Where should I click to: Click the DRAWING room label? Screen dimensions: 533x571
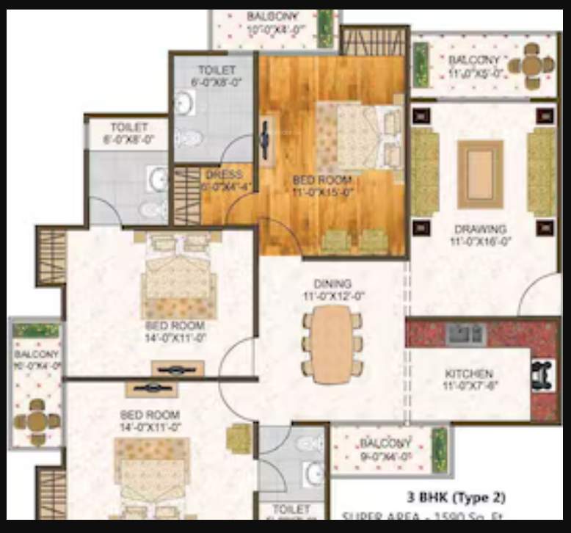[x=480, y=228]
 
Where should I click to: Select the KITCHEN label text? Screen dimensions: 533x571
[x=468, y=374]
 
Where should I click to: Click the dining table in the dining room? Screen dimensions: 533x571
[x=332, y=344]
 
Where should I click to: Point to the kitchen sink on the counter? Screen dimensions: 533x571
[x=465, y=335]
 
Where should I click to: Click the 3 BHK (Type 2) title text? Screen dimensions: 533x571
[x=456, y=497]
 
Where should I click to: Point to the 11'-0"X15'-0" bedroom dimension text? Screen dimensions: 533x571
[x=323, y=193]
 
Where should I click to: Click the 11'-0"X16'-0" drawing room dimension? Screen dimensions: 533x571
[x=480, y=240]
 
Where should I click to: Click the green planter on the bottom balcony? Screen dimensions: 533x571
[x=439, y=449]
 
